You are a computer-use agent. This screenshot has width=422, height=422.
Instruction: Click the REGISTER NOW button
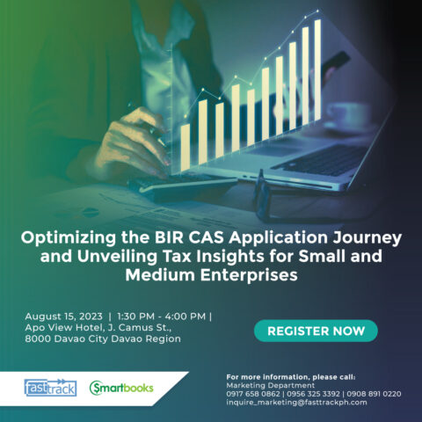click(316, 331)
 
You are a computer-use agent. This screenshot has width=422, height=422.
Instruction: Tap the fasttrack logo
click(50, 388)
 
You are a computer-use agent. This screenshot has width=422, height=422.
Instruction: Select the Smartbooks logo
click(121, 388)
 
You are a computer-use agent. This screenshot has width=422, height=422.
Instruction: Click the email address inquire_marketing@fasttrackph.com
click(296, 402)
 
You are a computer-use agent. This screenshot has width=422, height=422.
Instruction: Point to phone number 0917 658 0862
click(253, 394)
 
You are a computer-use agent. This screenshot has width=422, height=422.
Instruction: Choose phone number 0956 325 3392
click(313, 394)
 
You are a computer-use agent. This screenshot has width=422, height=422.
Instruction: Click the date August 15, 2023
click(63, 316)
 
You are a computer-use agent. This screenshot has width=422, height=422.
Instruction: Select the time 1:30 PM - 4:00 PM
click(161, 316)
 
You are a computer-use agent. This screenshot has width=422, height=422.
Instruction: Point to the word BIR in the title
click(169, 237)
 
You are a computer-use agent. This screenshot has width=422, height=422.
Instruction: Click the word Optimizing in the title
click(69, 238)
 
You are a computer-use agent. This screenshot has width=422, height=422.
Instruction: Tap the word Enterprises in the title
click(249, 275)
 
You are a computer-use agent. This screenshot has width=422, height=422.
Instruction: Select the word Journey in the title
click(367, 238)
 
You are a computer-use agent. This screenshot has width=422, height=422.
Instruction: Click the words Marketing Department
click(271, 385)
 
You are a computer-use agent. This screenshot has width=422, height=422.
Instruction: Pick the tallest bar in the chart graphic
click(317, 69)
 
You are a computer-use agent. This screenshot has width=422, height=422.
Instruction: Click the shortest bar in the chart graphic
click(186, 148)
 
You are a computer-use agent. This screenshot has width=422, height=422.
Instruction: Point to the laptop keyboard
click(318, 162)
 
